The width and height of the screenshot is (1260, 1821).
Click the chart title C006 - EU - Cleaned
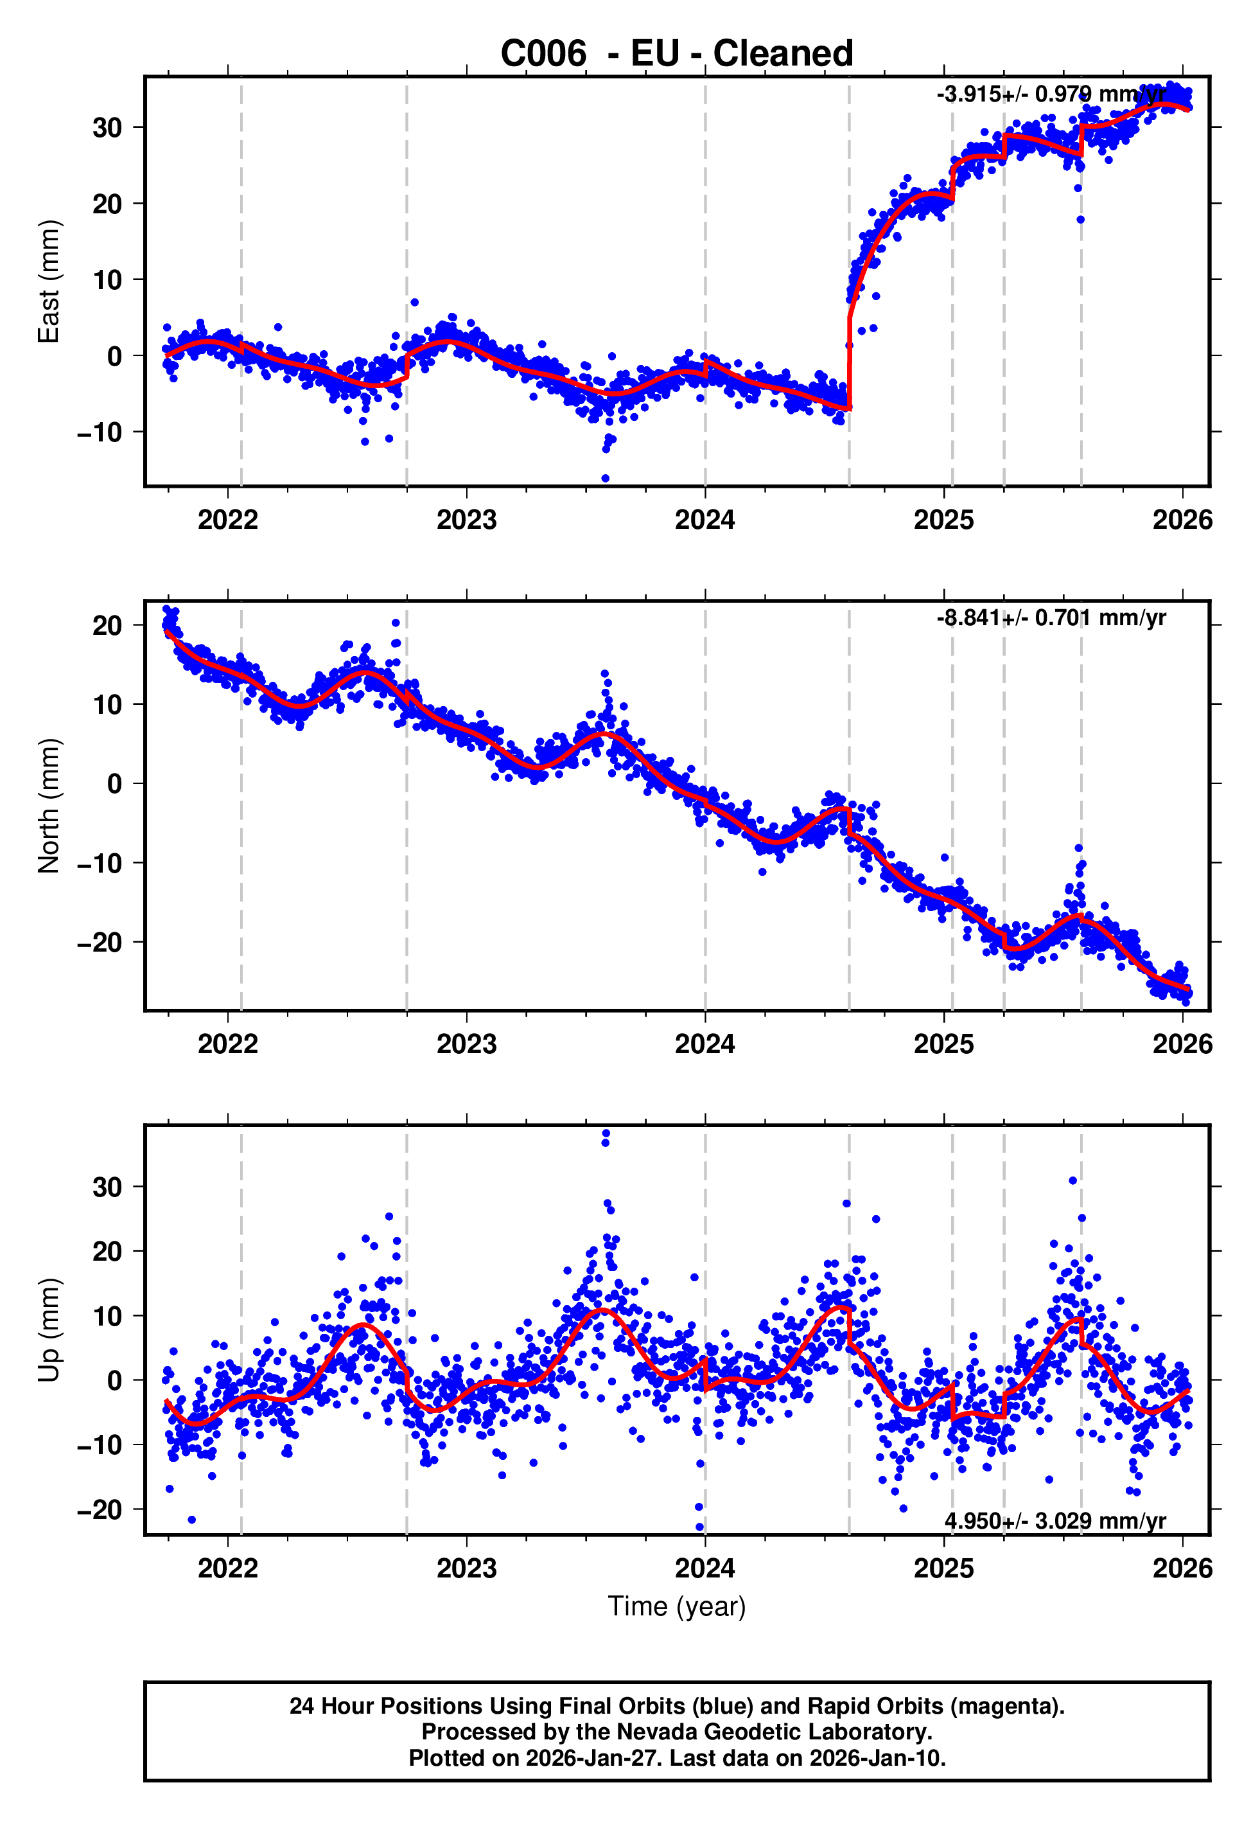pyautogui.click(x=677, y=54)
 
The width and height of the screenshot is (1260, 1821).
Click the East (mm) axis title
pyautogui.click(x=49, y=281)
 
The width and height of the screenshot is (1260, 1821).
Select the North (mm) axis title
pyautogui.click(x=49, y=806)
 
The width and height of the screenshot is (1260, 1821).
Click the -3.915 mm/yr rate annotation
pyautogui.click(x=1050, y=94)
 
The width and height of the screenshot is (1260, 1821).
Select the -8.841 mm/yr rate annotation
pyautogui.click(x=1050, y=617)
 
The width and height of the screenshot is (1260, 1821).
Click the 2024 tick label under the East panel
pyautogui.click(x=704, y=520)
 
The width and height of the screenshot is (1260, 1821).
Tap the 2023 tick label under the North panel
pyautogui.click(x=467, y=1044)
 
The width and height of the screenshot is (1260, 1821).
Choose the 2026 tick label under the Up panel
pyautogui.click(x=1182, y=1568)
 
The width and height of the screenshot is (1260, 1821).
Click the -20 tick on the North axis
pyautogui.click(x=100, y=942)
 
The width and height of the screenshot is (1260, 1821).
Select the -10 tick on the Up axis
pyautogui.click(x=100, y=1444)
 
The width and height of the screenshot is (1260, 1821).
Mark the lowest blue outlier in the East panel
pyautogui.click(x=606, y=479)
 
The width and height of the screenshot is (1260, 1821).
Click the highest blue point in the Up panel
pyautogui.click(x=606, y=1134)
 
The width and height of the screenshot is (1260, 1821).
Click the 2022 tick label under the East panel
pyautogui.click(x=227, y=520)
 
